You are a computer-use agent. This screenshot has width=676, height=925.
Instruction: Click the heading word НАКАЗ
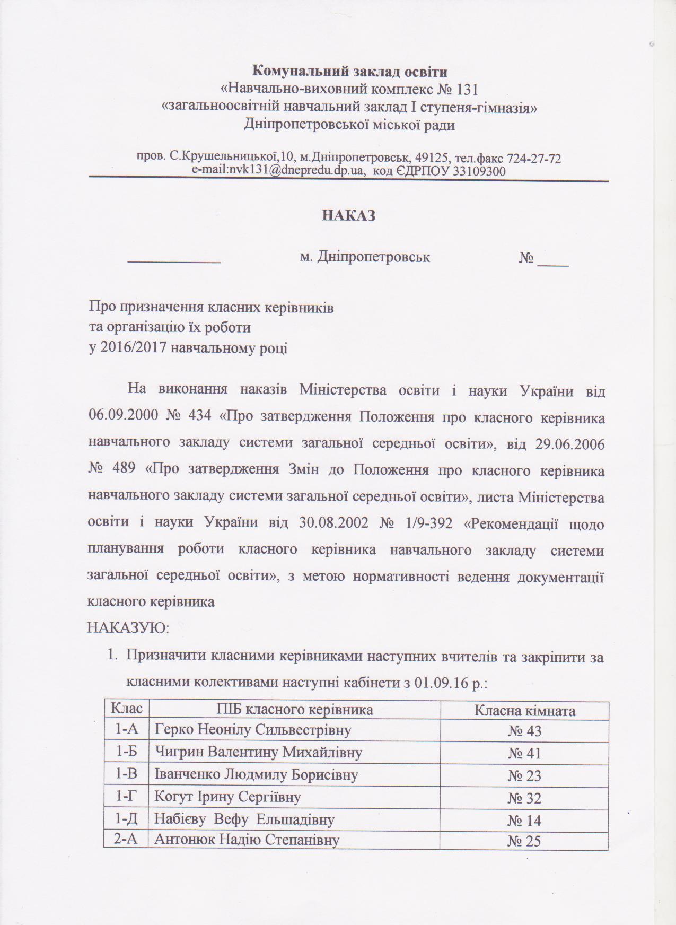pyautogui.click(x=349, y=216)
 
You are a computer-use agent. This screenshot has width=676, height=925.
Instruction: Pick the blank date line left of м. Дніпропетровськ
pyautogui.click(x=175, y=261)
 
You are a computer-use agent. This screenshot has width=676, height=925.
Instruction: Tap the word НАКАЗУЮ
pyautogui.click(x=128, y=629)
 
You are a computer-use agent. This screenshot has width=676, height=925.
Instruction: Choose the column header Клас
pyautogui.click(x=126, y=710)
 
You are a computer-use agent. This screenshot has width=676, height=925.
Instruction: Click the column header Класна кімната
pyautogui.click(x=524, y=710)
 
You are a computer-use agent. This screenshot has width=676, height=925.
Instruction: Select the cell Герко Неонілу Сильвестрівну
pyautogui.click(x=253, y=730)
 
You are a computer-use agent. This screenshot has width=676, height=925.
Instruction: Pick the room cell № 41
pyautogui.click(x=524, y=753)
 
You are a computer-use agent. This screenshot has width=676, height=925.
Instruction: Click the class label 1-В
pyautogui.click(x=127, y=774)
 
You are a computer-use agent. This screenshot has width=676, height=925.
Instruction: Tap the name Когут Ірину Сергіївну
pyautogui.click(x=227, y=797)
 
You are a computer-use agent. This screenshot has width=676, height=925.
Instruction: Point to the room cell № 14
pyautogui.click(x=524, y=821)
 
